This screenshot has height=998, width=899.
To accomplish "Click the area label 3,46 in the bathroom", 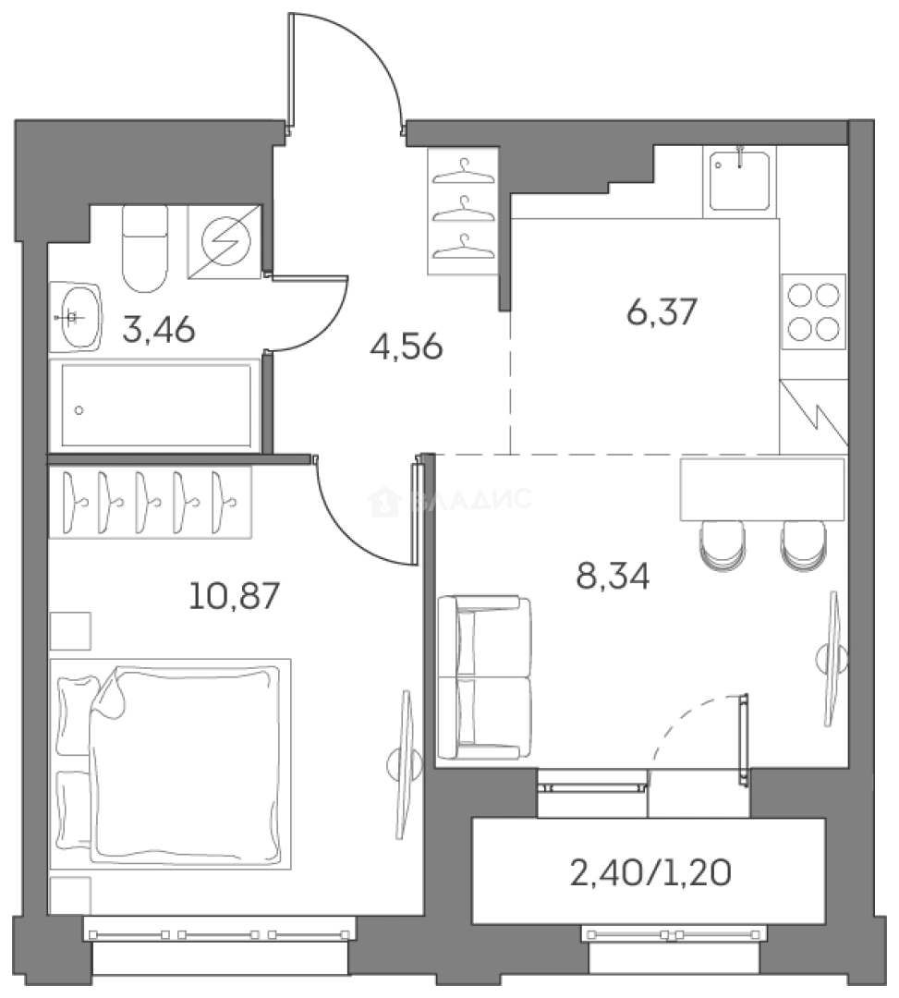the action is [158, 330].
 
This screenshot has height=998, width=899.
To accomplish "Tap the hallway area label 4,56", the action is [406, 347].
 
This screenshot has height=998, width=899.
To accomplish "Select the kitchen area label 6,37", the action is [662, 313].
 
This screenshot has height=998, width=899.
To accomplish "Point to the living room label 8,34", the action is [613, 577].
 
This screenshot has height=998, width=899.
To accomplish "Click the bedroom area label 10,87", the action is [235, 597].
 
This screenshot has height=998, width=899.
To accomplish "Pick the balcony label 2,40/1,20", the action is [650, 873].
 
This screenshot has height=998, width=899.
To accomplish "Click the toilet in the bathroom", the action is [146, 249].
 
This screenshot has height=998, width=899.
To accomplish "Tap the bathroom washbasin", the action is [76, 317].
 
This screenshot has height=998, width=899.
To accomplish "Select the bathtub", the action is [155, 406].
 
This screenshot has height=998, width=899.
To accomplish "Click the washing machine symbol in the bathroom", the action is [225, 241].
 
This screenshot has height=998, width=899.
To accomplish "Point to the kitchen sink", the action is [739, 181].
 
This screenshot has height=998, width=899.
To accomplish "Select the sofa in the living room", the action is [484, 677].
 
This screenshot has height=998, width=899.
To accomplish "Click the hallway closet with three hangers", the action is [463, 211].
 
